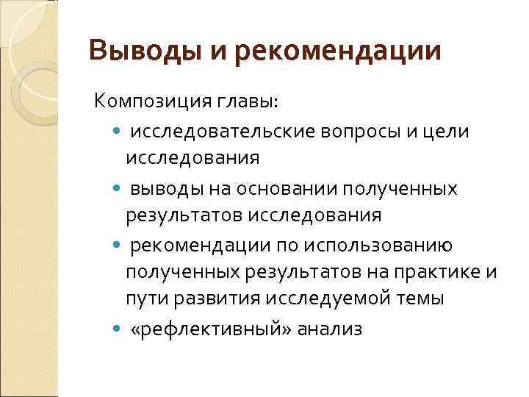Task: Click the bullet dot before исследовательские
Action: click(120, 132)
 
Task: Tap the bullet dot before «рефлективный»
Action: click(120, 330)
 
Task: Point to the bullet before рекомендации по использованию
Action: click(120, 245)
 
